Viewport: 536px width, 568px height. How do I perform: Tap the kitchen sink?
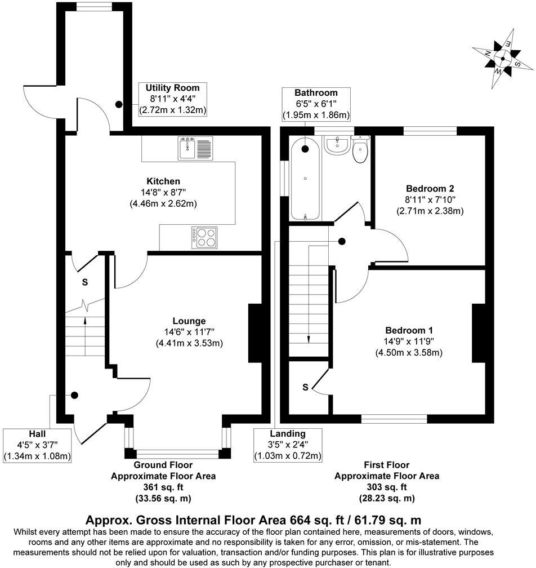click(195, 148)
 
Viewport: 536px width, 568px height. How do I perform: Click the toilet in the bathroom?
click(360, 150)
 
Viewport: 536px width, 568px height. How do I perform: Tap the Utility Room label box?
click(173, 99)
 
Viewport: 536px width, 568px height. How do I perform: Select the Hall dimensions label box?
click(37, 445)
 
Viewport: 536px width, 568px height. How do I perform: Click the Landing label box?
click(287, 445)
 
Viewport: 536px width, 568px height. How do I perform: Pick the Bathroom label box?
click(316, 104)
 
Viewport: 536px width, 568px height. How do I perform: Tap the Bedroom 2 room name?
click(430, 189)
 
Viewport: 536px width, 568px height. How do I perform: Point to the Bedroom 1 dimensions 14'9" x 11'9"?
click(409, 341)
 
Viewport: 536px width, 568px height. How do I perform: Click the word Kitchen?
click(163, 181)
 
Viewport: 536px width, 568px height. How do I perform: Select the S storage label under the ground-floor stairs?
click(85, 281)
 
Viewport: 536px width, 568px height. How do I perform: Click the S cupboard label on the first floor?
click(305, 387)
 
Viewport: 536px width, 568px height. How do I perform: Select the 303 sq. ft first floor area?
click(386, 487)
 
